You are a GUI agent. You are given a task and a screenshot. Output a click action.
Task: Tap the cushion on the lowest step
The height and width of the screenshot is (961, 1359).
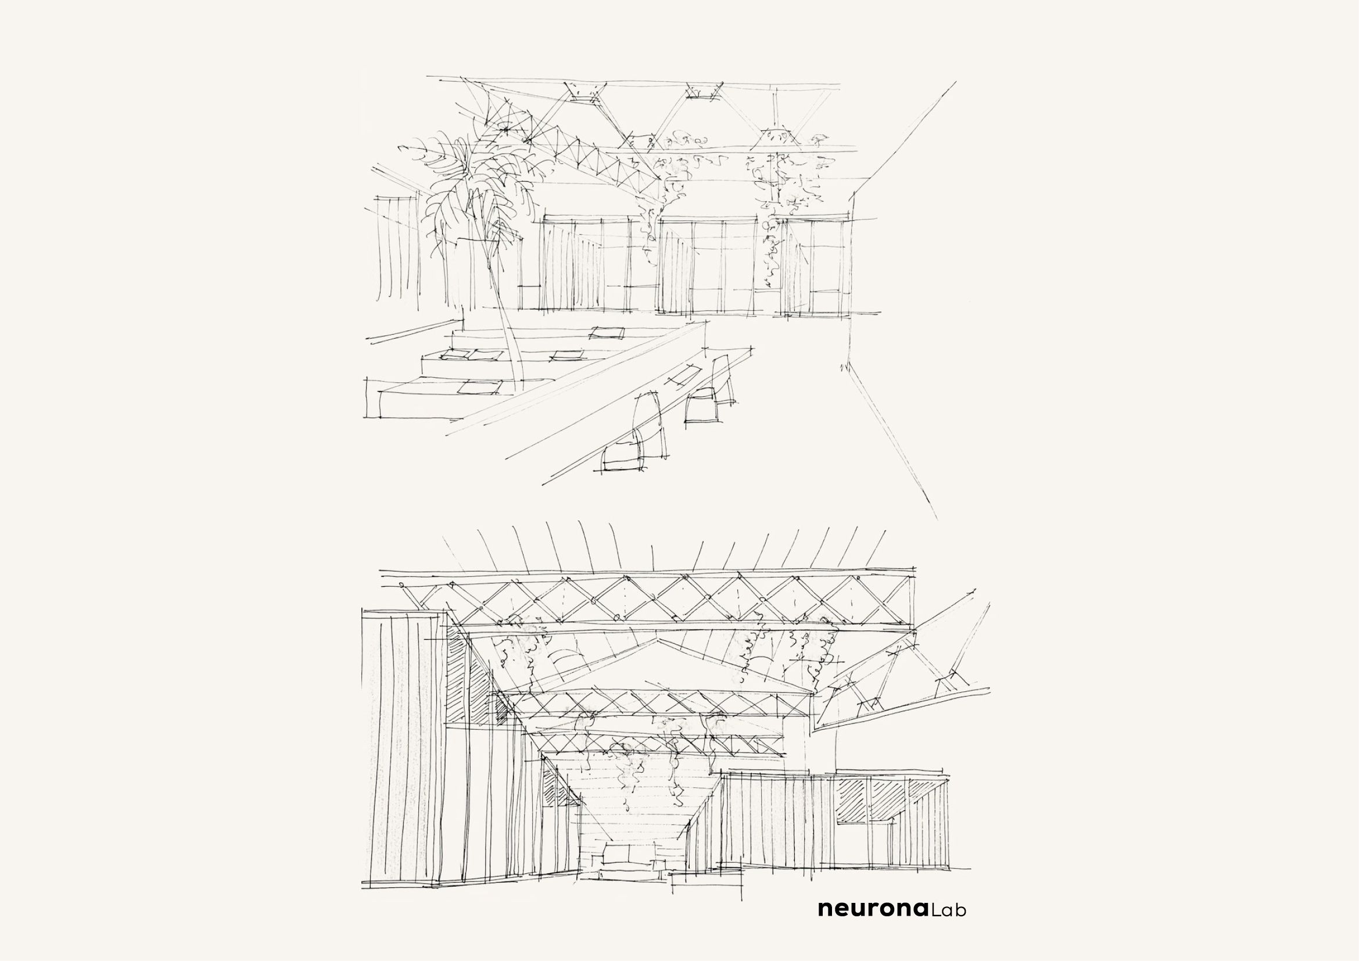[478, 388]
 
